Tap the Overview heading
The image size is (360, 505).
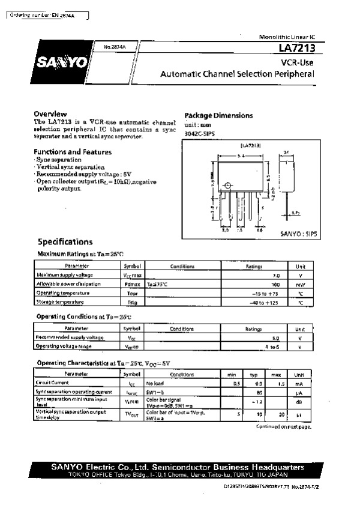50,113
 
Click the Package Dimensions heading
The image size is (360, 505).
218,115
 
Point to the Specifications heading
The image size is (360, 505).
65,242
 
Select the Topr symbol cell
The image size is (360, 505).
131,293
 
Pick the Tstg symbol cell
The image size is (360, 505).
131,302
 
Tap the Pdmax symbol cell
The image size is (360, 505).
131,284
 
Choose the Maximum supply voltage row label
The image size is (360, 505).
62,274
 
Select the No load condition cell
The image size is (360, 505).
155,383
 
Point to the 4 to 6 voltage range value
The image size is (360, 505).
273,347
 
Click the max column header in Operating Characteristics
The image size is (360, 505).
277,373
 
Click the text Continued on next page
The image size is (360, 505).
283,426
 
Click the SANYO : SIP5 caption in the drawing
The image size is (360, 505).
298,234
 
